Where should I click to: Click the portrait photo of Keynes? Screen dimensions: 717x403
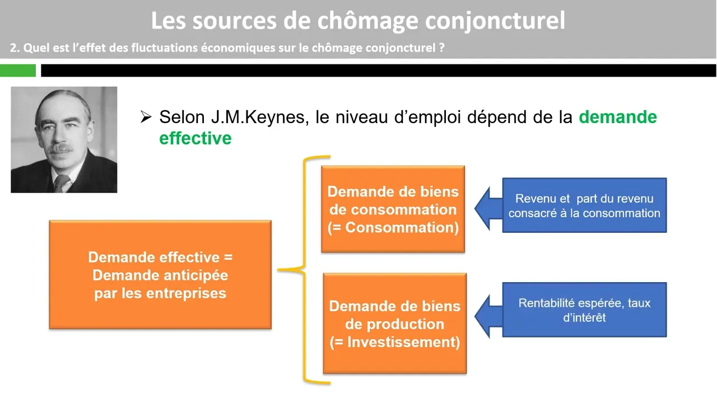click(x=64, y=139)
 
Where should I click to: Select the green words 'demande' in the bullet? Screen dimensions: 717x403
click(x=617, y=117)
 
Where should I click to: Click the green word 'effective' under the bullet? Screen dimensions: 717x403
click(x=195, y=138)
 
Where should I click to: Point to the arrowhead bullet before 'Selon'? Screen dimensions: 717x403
click(x=146, y=117)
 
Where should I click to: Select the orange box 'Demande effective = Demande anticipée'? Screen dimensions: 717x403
click(x=160, y=274)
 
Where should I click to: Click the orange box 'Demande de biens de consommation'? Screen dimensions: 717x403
click(x=393, y=209)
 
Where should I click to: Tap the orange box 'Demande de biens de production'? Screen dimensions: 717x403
click(x=394, y=324)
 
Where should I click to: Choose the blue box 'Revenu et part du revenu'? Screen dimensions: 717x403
click(x=584, y=205)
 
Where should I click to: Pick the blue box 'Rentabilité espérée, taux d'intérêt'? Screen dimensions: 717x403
click(x=584, y=310)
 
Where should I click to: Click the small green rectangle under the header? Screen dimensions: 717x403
click(x=18, y=71)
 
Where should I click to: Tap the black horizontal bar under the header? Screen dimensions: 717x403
click(x=378, y=71)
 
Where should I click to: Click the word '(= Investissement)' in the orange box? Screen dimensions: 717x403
click(x=394, y=342)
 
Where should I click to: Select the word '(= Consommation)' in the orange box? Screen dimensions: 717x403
click(x=393, y=227)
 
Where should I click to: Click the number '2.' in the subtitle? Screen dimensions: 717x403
click(x=15, y=48)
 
